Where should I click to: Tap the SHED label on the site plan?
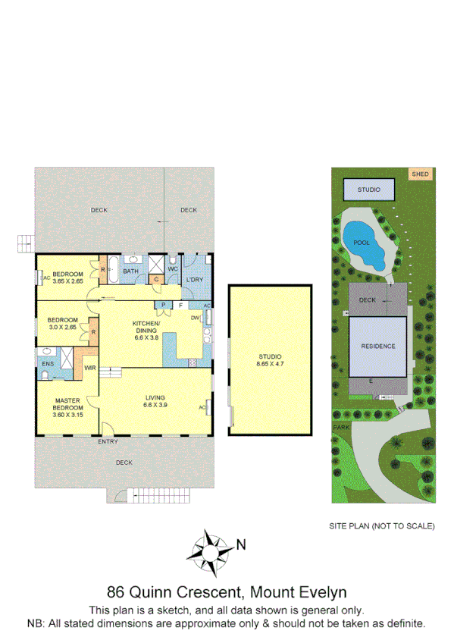tap(420, 174)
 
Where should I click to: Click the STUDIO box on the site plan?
tap(370, 190)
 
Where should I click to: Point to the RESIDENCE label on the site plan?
tap(377, 347)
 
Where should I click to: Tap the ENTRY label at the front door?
tap(108, 442)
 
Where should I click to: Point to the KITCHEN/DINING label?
tap(148, 327)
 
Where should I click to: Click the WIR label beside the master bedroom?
tap(89, 368)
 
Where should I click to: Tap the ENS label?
tap(46, 364)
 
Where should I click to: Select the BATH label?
tap(130, 271)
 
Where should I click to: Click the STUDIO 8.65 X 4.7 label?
tap(270, 360)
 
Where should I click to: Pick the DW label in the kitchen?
tap(195, 318)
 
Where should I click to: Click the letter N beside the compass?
tap(240, 543)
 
